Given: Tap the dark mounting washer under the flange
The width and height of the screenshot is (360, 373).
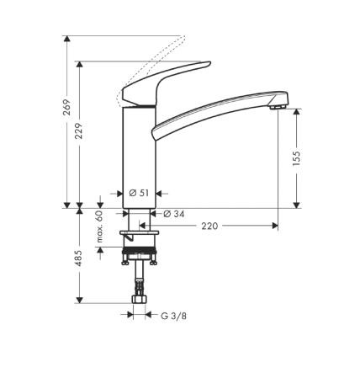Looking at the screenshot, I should pyautogui.click(x=139, y=240).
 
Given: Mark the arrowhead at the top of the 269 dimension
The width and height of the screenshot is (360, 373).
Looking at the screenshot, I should pyautogui.click(x=66, y=40).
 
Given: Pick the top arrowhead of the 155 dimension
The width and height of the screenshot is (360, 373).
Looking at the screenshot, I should pyautogui.click(x=298, y=111).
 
